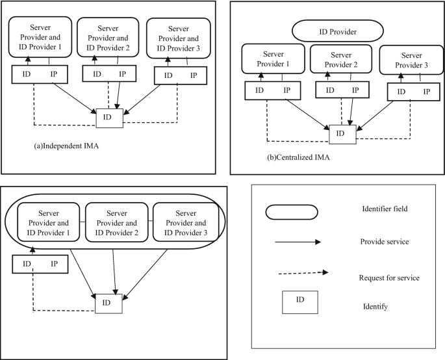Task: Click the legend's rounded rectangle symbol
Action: pyautogui.click(x=290, y=212)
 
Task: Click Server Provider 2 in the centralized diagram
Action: pyautogui.click(x=342, y=60)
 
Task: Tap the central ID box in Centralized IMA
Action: pyautogui.click(x=342, y=134)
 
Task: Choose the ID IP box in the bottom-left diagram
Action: pyautogui.click(x=40, y=264)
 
